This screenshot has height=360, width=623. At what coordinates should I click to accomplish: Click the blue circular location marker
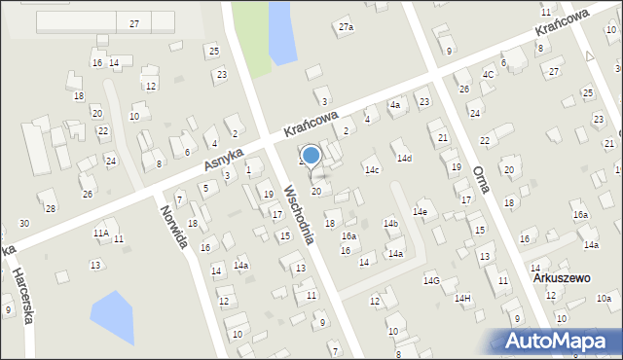pos(311,154)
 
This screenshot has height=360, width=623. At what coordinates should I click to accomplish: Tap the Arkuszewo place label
pos(562,277)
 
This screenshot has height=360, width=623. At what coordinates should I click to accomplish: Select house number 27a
pos(346,27)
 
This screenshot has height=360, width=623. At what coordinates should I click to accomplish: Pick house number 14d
pos(403,158)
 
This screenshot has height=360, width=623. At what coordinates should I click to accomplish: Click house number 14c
pos(372,169)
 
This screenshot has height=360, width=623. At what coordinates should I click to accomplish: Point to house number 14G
pos(431,280)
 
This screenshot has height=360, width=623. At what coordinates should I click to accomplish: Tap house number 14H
pos(462,298)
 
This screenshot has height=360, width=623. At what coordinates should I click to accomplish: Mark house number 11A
pos(100,233)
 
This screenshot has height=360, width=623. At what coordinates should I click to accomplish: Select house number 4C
pos(488,74)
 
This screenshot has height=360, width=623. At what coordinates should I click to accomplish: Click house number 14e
pos(420,211)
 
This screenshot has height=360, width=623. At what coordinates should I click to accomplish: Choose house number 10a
pos(604,298)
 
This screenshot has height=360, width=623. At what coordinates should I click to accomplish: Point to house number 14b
pos(390,224)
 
